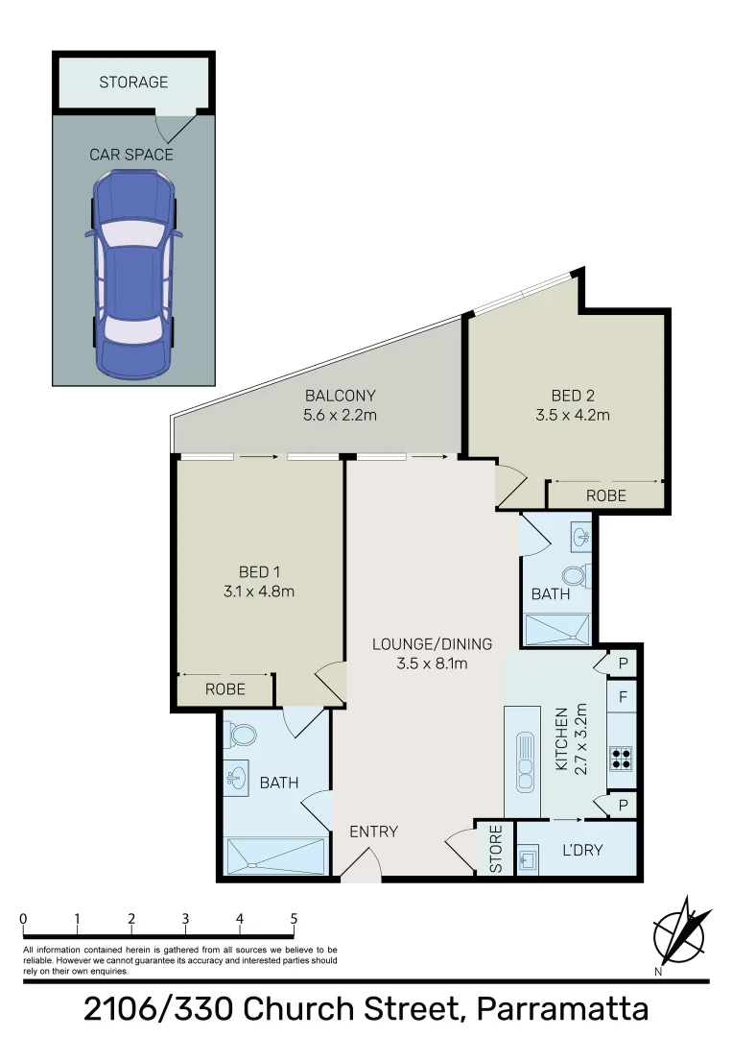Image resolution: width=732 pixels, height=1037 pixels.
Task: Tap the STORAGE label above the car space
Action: click(x=133, y=83)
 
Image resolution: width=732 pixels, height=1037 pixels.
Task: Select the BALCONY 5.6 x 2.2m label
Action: click(x=340, y=405)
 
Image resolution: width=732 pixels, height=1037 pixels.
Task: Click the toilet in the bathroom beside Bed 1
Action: click(x=241, y=736)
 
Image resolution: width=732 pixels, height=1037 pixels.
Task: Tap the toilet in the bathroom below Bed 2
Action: click(x=575, y=575)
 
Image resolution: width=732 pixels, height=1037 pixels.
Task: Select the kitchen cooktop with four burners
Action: click(x=621, y=759)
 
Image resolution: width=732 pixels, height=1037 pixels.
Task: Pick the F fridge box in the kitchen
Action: click(x=623, y=696)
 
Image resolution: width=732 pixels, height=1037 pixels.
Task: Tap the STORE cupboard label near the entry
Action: click(x=496, y=849)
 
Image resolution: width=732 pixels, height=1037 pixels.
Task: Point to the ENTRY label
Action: click(x=373, y=832)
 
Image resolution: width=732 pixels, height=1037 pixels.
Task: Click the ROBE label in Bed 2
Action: click(x=605, y=495)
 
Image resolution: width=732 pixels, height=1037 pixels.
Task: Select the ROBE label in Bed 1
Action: click(x=225, y=689)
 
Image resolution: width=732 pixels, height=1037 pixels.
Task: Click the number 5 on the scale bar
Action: click(x=294, y=918)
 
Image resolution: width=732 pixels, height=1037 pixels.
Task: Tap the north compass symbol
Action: click(x=682, y=932)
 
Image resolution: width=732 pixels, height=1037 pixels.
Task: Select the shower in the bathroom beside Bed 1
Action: click(x=275, y=855)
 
